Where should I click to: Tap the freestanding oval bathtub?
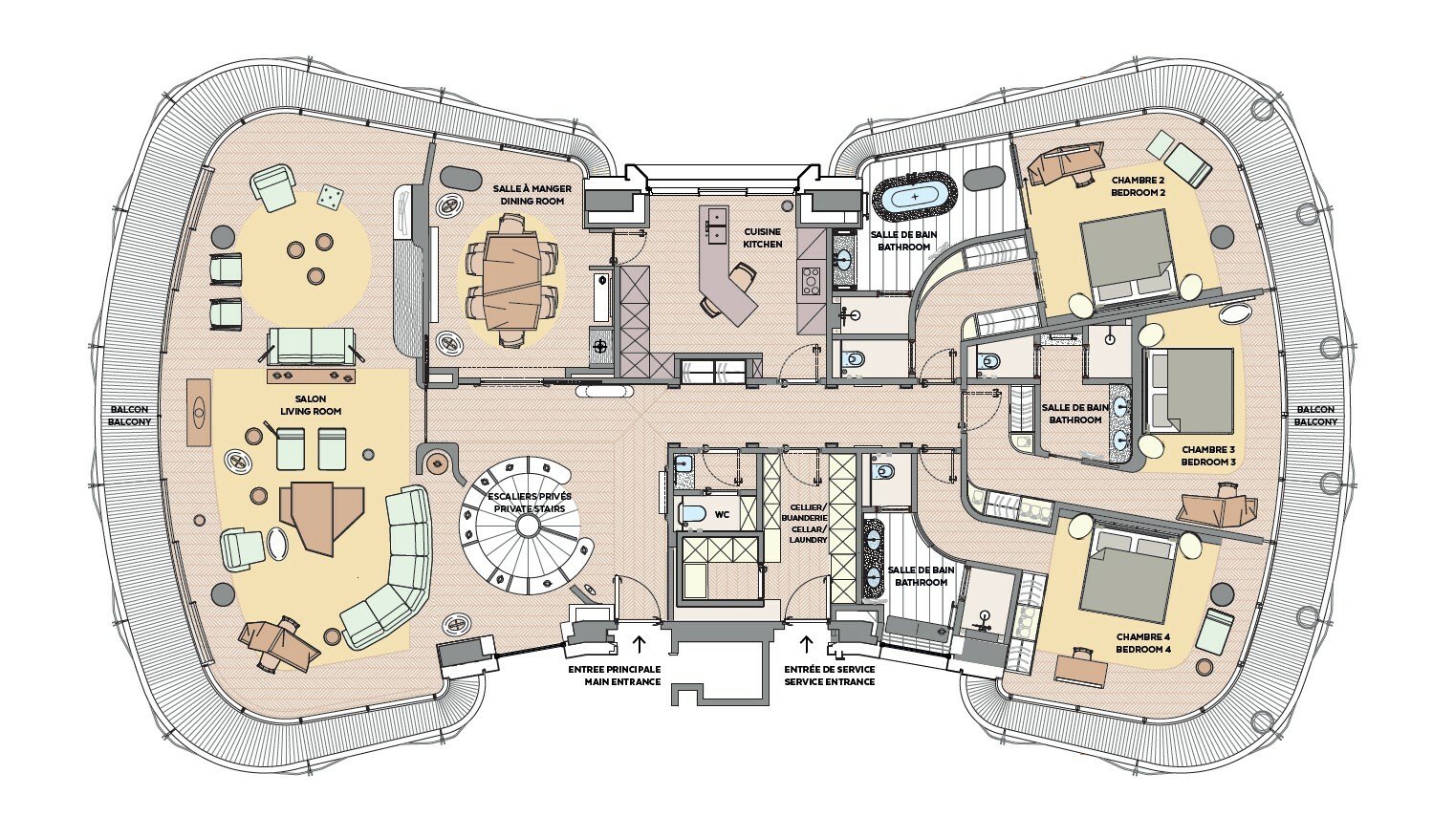(915, 195)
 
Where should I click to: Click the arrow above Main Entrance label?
(639, 643)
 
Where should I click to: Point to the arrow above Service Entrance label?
(807, 643)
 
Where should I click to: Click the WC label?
(723, 515)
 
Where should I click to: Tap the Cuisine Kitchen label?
(763, 238)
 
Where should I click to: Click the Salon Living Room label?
(311, 405)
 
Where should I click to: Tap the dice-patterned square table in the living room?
(330, 197)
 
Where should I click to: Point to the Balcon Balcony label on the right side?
(1315, 416)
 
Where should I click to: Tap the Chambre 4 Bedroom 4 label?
(1143, 642)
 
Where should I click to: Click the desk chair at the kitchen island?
(741, 276)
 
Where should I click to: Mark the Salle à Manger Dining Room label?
(532, 195)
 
